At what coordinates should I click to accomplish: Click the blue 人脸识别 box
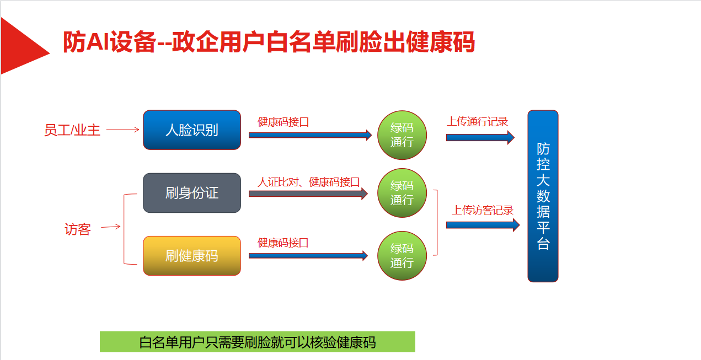[x=192, y=130]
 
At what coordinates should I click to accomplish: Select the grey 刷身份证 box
[x=192, y=193]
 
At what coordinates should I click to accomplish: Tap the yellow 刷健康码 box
[x=192, y=256]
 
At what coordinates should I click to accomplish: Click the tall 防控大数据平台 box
[x=543, y=196]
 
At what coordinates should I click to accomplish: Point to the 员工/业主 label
[x=72, y=131]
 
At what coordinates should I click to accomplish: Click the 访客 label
[x=77, y=229]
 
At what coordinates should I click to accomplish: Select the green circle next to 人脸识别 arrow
[x=402, y=135]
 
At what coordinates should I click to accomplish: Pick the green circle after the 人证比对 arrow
[x=402, y=193]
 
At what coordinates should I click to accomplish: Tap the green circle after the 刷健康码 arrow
[x=402, y=256]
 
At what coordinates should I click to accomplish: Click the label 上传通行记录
[x=477, y=122]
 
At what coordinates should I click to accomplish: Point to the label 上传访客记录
[x=483, y=210]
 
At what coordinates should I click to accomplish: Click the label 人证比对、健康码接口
[x=308, y=182]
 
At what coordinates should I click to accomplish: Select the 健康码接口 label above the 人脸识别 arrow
[x=283, y=122]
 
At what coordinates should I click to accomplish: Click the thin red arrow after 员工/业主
[x=122, y=130]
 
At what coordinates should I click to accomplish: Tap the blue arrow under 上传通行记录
[x=479, y=137]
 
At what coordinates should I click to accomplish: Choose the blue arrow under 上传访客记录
[x=482, y=224]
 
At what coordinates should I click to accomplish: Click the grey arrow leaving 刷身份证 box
[x=308, y=194]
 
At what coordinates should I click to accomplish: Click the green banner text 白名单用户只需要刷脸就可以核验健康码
[x=258, y=342]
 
